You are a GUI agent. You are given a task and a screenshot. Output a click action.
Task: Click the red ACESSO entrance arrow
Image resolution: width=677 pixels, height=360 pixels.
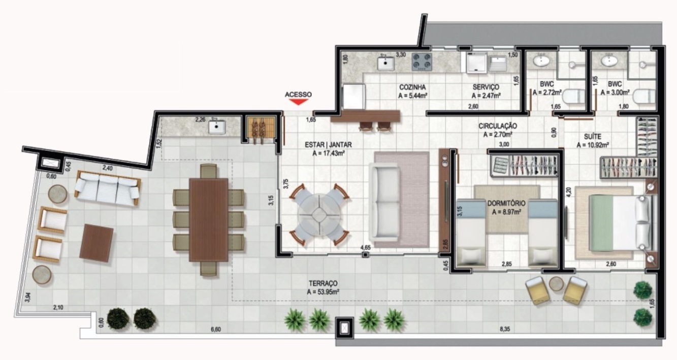[298, 102]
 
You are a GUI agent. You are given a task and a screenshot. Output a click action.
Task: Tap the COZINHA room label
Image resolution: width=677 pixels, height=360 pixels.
[412, 87]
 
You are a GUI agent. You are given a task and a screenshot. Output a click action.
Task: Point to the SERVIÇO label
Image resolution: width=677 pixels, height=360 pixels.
[486, 87]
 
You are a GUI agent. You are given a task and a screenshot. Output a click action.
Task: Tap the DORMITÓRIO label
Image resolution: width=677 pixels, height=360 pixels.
[506, 203]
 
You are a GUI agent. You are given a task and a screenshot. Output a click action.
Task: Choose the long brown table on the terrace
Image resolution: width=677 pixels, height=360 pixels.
[208, 219]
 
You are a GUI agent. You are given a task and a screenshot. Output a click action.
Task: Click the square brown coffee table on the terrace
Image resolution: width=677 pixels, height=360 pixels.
[96, 242]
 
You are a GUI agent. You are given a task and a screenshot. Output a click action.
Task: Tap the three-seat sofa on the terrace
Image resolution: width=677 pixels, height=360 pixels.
[107, 187]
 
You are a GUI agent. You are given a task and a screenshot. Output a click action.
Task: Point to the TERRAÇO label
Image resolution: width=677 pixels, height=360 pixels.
[323, 283]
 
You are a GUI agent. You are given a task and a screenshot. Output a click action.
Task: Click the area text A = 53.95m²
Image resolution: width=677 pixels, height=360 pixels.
[323, 292]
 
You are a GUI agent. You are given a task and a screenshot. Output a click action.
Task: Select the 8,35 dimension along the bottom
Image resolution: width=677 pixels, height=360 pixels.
[504, 329]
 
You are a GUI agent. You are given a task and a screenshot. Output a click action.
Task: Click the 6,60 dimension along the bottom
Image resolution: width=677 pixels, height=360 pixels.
[216, 329]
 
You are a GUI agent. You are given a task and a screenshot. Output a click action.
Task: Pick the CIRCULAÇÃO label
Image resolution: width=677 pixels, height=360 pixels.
[498, 125]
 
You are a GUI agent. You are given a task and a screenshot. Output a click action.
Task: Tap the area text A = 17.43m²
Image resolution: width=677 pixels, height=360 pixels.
[329, 153]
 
